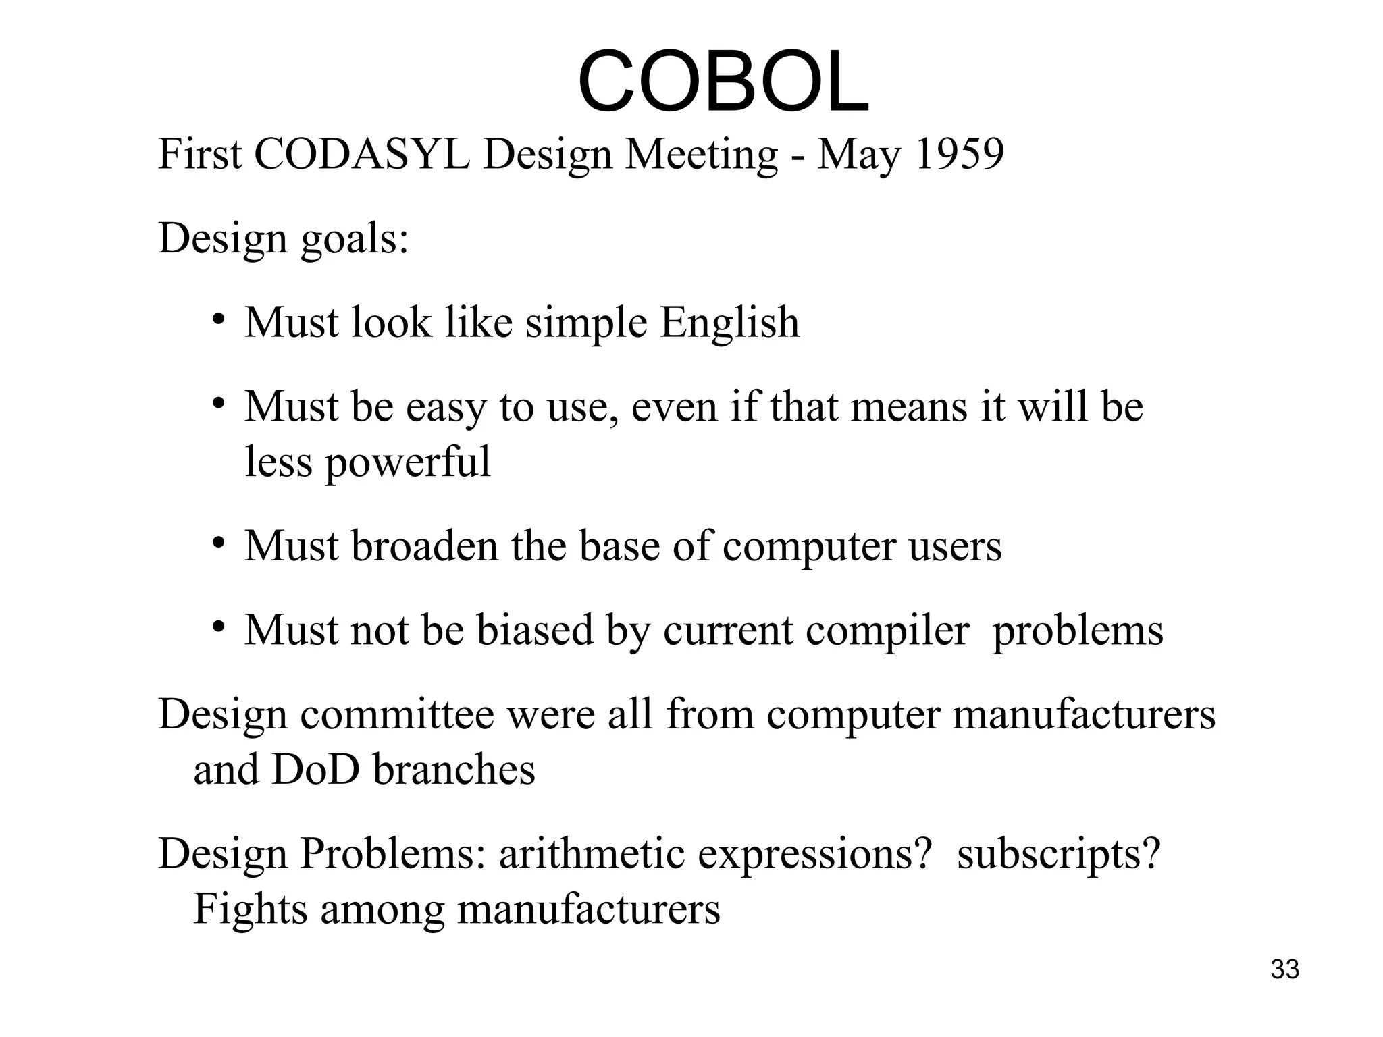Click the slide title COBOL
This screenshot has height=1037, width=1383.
tap(723, 82)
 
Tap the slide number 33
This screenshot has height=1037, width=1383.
tap(1284, 969)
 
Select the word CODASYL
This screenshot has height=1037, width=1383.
tap(361, 155)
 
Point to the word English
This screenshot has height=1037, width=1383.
tap(729, 322)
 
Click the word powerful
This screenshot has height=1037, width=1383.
tap(408, 462)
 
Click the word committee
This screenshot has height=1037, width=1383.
tap(397, 714)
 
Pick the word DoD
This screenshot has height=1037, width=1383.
tap(315, 770)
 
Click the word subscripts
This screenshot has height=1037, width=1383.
tap(1058, 855)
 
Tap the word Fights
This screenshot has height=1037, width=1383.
tap(251, 909)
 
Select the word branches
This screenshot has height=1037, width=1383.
tap(454, 770)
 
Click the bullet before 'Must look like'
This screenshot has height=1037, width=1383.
tap(217, 319)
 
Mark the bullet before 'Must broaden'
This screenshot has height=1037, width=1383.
tap(217, 543)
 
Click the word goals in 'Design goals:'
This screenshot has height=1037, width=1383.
tap(354, 240)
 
